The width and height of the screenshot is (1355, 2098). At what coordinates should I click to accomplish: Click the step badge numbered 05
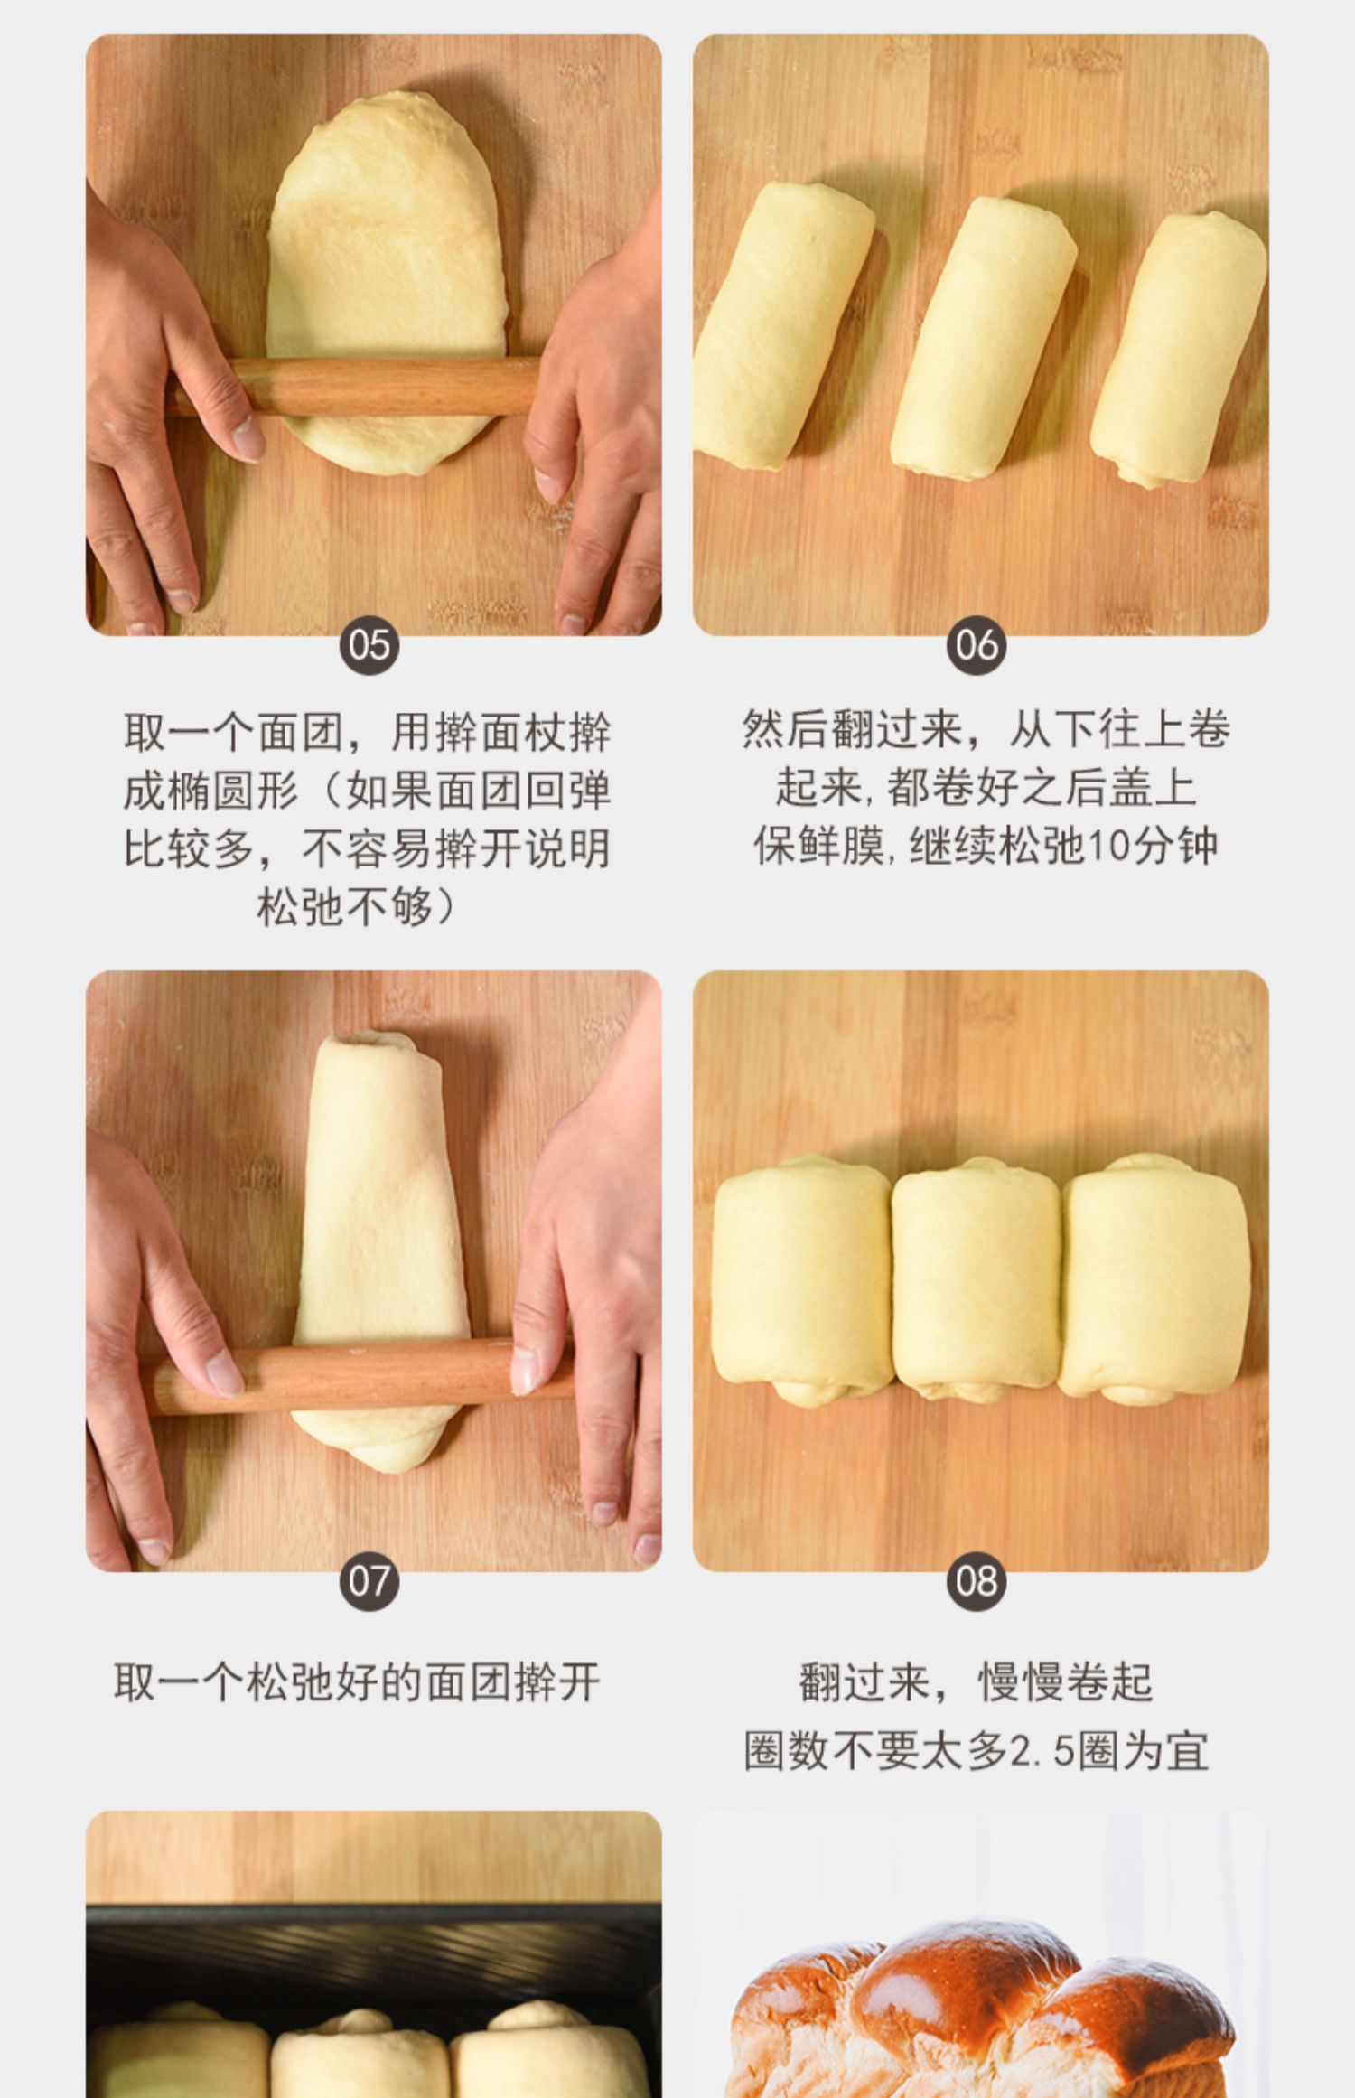coord(369,644)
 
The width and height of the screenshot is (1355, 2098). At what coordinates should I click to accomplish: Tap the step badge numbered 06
coord(977,644)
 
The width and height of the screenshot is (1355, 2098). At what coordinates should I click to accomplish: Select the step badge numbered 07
coord(369,1580)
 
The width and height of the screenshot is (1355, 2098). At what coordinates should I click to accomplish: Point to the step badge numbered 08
coord(977,1580)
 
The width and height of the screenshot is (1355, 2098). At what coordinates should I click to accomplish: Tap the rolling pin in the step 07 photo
coord(361,1378)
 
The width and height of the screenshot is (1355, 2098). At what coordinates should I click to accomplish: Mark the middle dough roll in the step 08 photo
coord(976,1279)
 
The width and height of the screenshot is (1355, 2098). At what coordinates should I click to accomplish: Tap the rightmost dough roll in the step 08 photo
coord(1154,1279)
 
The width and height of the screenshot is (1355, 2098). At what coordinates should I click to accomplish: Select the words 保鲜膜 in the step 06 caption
coord(818,846)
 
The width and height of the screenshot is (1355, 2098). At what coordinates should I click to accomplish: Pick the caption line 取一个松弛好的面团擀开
coord(357,1682)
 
